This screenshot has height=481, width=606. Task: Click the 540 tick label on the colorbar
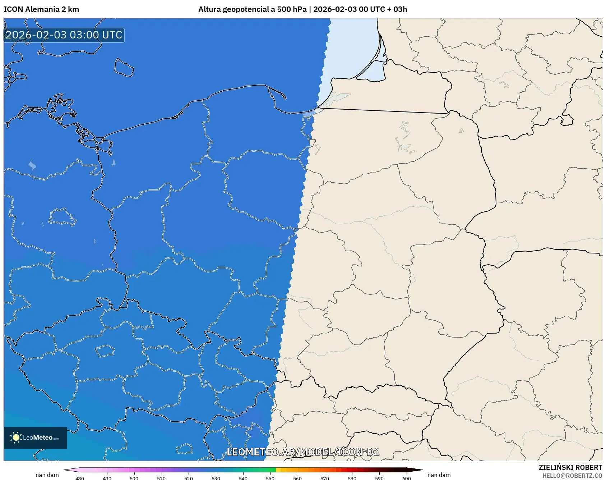243,478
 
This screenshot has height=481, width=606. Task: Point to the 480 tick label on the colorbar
80,478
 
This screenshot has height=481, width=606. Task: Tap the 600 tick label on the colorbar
407,478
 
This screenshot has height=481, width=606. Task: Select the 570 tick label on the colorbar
325,478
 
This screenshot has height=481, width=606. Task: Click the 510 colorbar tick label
161,478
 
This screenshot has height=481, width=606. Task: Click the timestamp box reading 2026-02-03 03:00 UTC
64,35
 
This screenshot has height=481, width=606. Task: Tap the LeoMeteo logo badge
35,438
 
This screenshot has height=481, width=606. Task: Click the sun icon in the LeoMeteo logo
16,438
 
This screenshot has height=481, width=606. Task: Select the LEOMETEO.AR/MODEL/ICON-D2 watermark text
303,452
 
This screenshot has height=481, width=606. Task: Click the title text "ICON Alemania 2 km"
41,9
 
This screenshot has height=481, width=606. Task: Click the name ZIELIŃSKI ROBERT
570,467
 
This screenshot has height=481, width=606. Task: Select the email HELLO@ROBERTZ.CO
572,476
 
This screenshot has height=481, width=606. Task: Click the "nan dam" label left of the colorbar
47,475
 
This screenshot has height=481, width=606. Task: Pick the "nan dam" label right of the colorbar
439,475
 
